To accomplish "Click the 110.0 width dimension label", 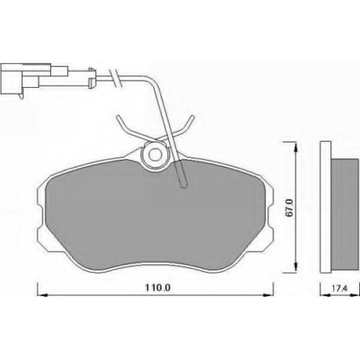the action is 158,287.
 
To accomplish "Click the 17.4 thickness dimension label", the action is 340,289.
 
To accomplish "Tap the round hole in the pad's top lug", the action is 155,155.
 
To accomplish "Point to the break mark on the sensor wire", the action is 116,77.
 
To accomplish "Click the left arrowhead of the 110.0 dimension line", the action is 42,294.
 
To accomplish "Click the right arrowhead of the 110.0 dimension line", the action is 269,294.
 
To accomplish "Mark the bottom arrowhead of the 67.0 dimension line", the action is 297,267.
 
